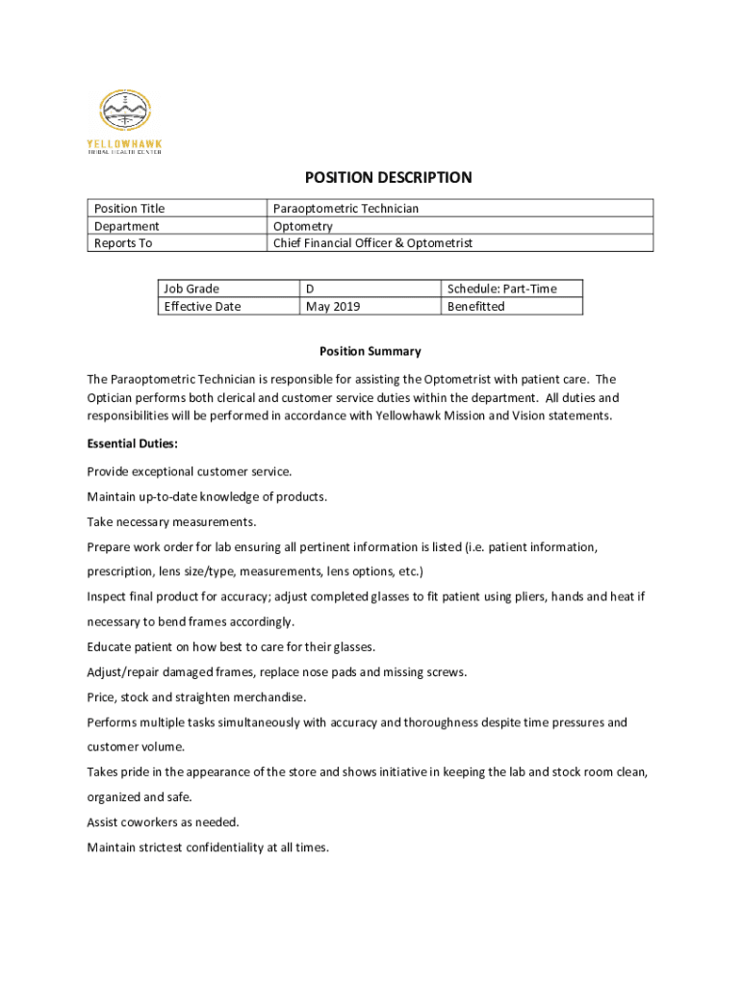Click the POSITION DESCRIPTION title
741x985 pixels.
[388, 178]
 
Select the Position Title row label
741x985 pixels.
[129, 209]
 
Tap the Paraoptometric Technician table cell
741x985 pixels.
[345, 209]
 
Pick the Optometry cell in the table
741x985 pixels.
[302, 226]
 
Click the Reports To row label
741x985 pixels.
[122, 243]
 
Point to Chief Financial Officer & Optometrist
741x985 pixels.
[372, 243]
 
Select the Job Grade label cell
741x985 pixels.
[191, 289]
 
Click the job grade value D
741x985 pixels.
[310, 289]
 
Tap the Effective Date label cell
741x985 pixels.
[202, 306]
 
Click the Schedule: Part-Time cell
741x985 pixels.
[500, 289]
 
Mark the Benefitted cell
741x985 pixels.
[475, 306]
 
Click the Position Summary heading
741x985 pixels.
[370, 351]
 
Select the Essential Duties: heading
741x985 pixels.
[132, 444]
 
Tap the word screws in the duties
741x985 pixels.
[446, 672]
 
